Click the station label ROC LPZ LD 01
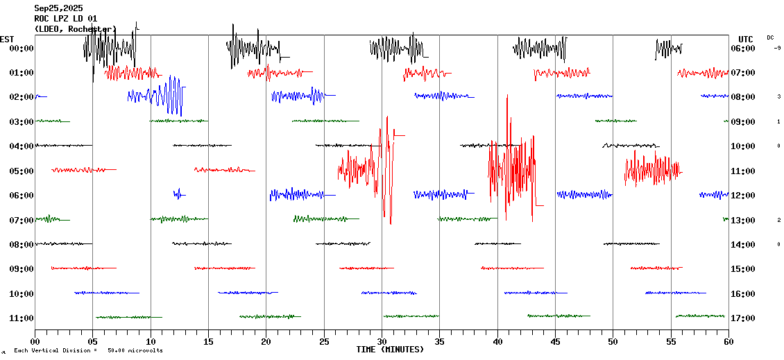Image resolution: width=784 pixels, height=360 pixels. click(66, 18)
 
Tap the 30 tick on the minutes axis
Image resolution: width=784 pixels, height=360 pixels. click(382, 341)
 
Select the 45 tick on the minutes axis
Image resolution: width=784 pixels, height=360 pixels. click(555, 341)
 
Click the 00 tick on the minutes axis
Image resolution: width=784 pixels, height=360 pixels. click(35, 341)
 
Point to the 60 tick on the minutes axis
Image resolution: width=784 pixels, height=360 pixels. click(728, 341)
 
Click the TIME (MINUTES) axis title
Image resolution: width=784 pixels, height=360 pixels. click(390, 350)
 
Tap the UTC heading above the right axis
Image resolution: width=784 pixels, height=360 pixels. click(746, 39)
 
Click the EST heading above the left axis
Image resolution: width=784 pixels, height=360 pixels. click(7, 39)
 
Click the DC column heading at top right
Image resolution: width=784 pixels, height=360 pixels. click(770, 37)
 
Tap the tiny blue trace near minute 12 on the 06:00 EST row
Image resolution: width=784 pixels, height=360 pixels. click(178, 194)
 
